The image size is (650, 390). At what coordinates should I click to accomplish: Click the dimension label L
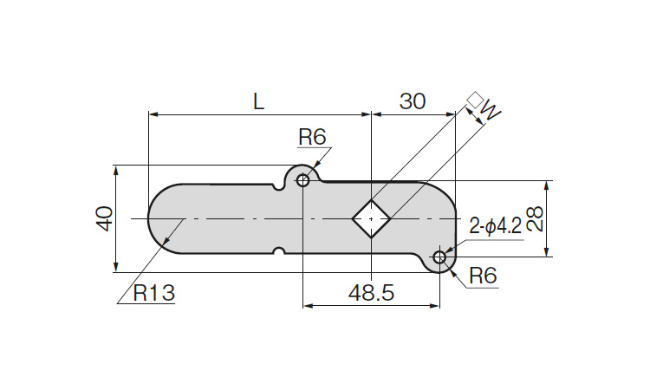(x=258, y=101)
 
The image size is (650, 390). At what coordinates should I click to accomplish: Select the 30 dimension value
(x=413, y=101)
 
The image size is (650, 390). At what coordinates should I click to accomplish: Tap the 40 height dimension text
(x=105, y=218)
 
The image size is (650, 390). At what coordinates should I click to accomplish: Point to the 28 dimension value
(x=535, y=218)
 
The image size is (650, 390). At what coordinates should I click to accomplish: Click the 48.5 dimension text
(x=371, y=294)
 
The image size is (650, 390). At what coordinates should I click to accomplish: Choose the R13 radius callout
(x=154, y=294)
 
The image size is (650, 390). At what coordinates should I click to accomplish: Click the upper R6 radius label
(x=312, y=137)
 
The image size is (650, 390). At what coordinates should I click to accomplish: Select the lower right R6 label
(x=483, y=276)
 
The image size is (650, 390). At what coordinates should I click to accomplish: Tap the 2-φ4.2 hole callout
(x=496, y=227)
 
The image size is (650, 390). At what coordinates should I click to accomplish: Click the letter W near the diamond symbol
(x=491, y=109)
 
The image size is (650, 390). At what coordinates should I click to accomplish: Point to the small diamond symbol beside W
(x=475, y=100)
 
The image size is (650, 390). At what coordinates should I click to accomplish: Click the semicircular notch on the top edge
(x=279, y=187)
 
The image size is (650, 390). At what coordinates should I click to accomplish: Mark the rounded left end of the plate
(x=148, y=218)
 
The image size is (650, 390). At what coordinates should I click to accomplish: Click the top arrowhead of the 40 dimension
(x=116, y=170)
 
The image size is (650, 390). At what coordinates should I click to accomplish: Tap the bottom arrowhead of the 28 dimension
(x=547, y=252)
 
